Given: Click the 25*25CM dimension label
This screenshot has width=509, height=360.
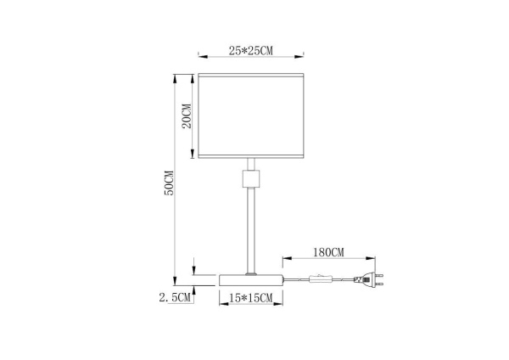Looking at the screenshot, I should click(x=251, y=51).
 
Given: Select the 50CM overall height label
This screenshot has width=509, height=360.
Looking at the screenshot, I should click(x=169, y=183).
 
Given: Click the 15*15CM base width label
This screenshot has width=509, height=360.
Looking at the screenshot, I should click(x=251, y=297).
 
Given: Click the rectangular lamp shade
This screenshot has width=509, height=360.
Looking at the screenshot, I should click(x=251, y=116).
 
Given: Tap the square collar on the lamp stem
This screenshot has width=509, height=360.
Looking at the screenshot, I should click(x=251, y=179).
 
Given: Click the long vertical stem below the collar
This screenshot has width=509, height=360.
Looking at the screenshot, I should click(x=251, y=229).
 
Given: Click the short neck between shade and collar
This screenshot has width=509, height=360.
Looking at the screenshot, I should click(x=251, y=165).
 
